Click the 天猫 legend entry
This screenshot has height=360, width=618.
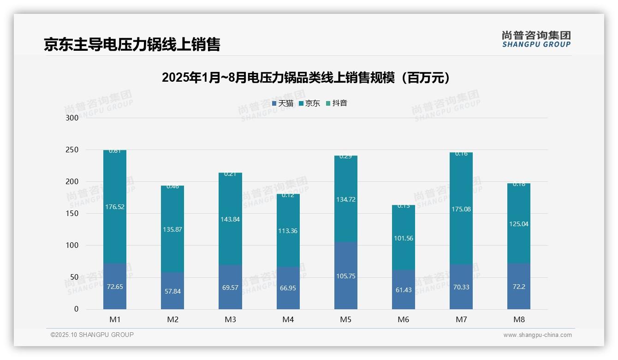(283, 103)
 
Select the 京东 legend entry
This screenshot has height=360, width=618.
(309, 103)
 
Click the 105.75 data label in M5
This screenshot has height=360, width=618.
(345, 276)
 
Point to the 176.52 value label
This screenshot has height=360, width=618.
(115, 207)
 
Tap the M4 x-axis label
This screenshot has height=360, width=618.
(288, 319)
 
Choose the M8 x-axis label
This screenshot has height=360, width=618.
(519, 319)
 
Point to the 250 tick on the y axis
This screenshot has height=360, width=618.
(72, 150)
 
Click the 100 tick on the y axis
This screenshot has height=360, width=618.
(72, 246)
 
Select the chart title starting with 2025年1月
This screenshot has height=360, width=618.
(306, 78)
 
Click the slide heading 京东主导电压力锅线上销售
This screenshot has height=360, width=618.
(132, 44)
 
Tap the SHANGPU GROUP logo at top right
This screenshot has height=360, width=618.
(536, 39)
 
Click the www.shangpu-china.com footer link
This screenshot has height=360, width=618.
(537, 335)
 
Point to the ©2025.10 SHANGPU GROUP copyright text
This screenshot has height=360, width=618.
(92, 335)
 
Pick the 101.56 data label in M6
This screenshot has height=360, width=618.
(404, 238)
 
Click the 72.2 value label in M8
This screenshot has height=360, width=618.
(519, 286)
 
